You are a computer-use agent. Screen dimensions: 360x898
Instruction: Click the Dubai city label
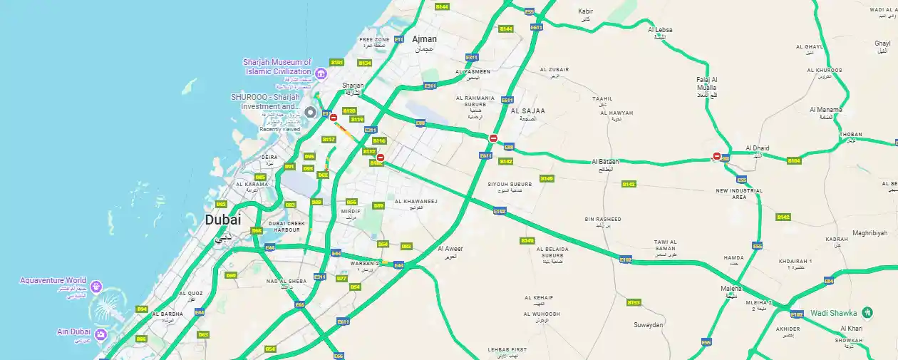click(x=223, y=220)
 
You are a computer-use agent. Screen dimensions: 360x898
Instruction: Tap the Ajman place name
click(x=424, y=39)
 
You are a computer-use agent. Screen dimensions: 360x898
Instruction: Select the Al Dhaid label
click(x=758, y=148)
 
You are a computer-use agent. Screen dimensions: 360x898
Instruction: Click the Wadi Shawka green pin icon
click(x=867, y=312)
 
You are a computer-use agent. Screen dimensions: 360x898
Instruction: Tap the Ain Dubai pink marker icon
click(x=101, y=334)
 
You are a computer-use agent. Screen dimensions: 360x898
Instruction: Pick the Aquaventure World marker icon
click(x=96, y=287)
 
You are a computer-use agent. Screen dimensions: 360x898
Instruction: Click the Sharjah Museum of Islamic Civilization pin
click(x=321, y=73)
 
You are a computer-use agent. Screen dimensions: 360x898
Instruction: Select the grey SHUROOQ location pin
click(x=310, y=113)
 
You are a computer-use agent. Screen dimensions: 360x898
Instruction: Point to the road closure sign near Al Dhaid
click(x=717, y=157)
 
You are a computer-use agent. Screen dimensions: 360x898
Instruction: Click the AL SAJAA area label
click(x=527, y=110)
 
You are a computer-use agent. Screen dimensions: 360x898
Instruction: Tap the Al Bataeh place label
click(x=605, y=162)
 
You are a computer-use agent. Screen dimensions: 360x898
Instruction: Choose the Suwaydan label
click(x=648, y=324)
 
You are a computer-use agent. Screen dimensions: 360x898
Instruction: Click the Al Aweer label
click(x=450, y=249)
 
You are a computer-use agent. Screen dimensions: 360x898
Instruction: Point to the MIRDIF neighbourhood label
click(x=351, y=211)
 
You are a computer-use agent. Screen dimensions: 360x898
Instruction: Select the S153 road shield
click(x=633, y=302)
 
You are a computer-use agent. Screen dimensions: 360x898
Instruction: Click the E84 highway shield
click(x=829, y=281)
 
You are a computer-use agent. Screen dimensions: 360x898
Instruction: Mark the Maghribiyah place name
click(x=869, y=233)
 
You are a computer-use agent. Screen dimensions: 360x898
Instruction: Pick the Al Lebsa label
click(x=660, y=30)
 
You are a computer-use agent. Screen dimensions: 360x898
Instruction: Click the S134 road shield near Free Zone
click(x=365, y=63)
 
